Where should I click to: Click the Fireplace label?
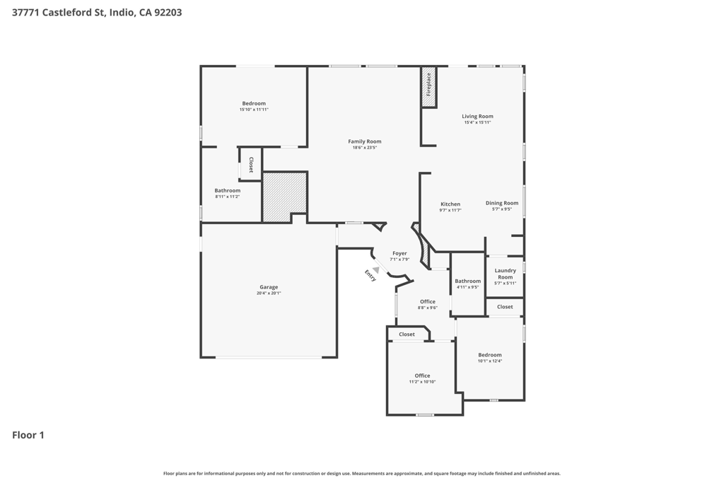(428, 84)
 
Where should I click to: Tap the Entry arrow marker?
(376, 269)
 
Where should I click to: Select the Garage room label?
(269, 286)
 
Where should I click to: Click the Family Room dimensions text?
(365, 148)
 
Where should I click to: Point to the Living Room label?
(477, 117)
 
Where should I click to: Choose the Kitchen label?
(450, 204)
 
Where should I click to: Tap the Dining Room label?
(502, 203)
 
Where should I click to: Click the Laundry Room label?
(505, 274)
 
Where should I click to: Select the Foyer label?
(400, 253)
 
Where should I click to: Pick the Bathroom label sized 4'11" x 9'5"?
(468, 281)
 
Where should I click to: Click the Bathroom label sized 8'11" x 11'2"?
(227, 190)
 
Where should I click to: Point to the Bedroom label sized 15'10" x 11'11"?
(254, 103)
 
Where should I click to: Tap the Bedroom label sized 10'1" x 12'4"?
(490, 355)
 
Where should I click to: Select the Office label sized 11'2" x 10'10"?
(422, 376)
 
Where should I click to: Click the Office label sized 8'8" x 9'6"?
(428, 301)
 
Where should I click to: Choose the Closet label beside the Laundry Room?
(505, 307)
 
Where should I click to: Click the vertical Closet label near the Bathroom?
(251, 165)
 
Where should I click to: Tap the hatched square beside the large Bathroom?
(284, 197)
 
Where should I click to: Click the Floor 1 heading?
(28, 435)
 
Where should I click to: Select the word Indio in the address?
(122, 13)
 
